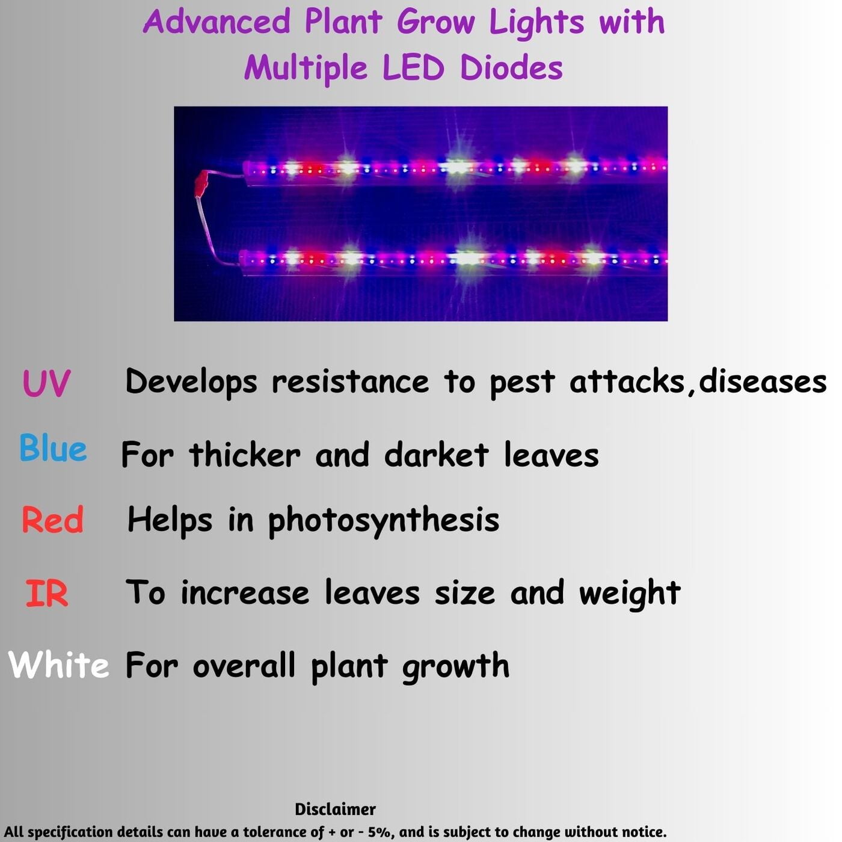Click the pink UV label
(46, 383)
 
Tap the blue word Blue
(53, 449)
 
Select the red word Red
(52, 520)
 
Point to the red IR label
(46, 594)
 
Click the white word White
(59, 665)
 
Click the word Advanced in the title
(217, 22)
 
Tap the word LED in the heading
(413, 67)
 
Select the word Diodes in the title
(511, 67)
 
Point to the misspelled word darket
(436, 455)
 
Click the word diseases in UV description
(762, 381)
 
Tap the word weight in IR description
(629, 594)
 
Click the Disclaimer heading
(335, 809)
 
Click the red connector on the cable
(203, 182)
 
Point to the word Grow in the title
(435, 22)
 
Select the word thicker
(244, 455)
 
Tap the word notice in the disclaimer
(644, 832)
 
